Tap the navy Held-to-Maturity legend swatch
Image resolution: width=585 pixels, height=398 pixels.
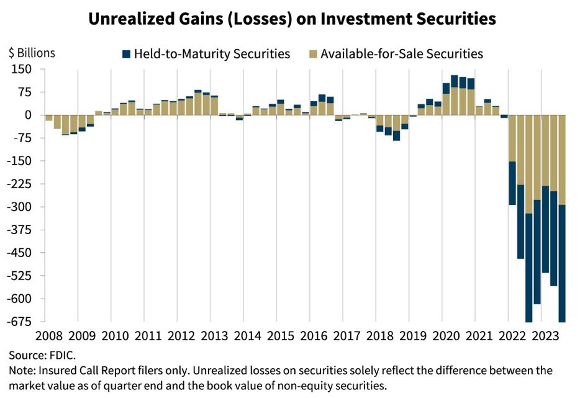[x=127, y=54]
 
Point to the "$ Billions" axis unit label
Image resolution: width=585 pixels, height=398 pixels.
[x=32, y=53]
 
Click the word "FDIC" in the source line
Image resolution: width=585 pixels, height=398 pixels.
[x=61, y=356]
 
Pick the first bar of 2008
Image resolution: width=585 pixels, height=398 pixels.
[x=49, y=118]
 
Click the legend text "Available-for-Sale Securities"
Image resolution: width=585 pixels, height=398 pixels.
[x=401, y=54]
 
